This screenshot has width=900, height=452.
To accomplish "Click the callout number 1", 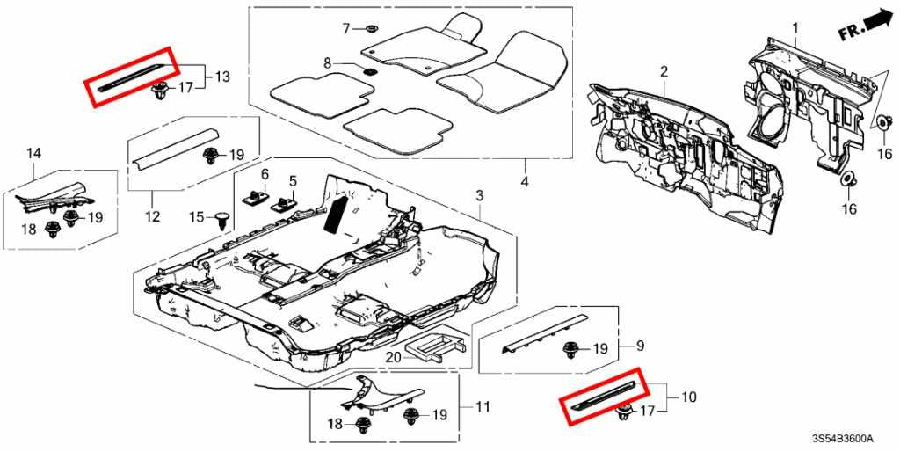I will (795, 28).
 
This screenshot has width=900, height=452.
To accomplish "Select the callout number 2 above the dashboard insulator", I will (664, 71).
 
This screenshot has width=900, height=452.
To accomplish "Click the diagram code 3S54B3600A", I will (850, 438).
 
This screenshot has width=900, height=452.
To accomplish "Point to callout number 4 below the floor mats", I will (525, 183).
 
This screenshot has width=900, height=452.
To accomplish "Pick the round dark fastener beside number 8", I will (370, 67).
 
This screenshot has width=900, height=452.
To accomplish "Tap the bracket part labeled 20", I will (436, 346).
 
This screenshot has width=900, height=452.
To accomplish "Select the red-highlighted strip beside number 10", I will (606, 397).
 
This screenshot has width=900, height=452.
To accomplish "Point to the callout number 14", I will (33, 154).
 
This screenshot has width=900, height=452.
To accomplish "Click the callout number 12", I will (152, 216).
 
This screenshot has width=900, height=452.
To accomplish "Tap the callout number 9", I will (640, 344).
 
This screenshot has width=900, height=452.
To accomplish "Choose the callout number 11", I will (483, 407).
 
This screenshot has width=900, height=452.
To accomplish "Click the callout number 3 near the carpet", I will (480, 193).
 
